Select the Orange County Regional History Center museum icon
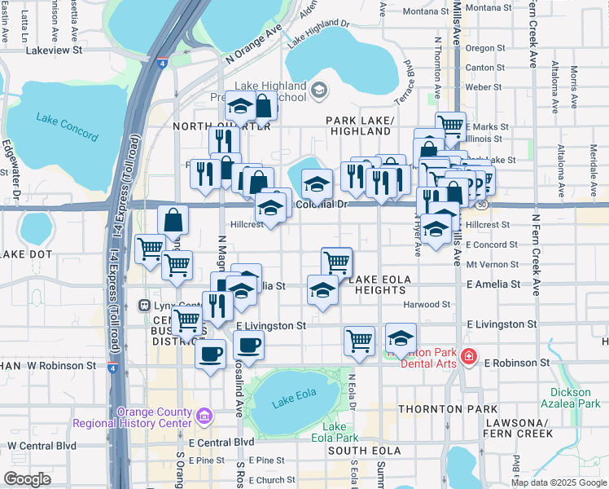[204, 416]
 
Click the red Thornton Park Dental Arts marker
[468, 357]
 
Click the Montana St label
[489, 7]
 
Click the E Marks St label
[486, 127]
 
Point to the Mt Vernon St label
[493, 265]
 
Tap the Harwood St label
[427, 305]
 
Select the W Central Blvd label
[42, 446]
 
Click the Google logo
[27, 479]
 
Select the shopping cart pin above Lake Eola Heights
[336, 262]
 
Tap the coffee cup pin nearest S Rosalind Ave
[249, 345]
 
